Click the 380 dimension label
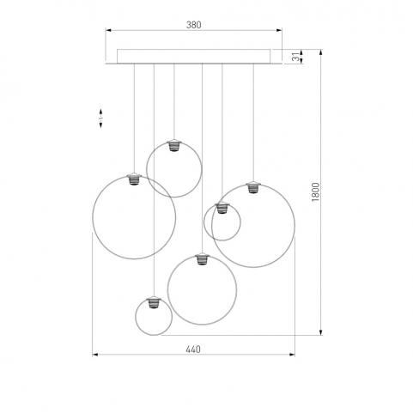(194, 25)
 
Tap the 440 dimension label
(193, 349)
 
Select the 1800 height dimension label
(315, 192)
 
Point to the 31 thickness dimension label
(296, 56)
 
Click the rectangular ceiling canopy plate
(193, 57)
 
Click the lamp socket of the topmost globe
(173, 145)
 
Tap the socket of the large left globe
(134, 179)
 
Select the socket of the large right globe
(253, 187)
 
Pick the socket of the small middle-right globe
(222, 208)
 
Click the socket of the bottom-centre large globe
(202, 258)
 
